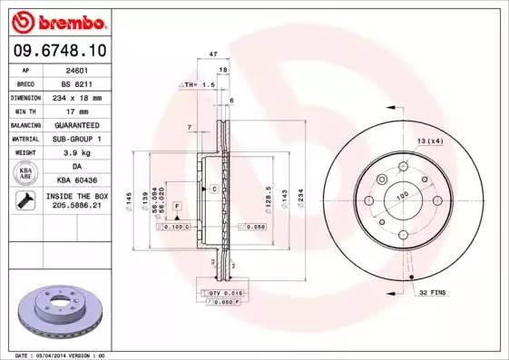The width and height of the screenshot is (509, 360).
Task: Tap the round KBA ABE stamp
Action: click(25, 173)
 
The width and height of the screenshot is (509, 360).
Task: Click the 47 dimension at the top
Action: click(213, 55)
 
